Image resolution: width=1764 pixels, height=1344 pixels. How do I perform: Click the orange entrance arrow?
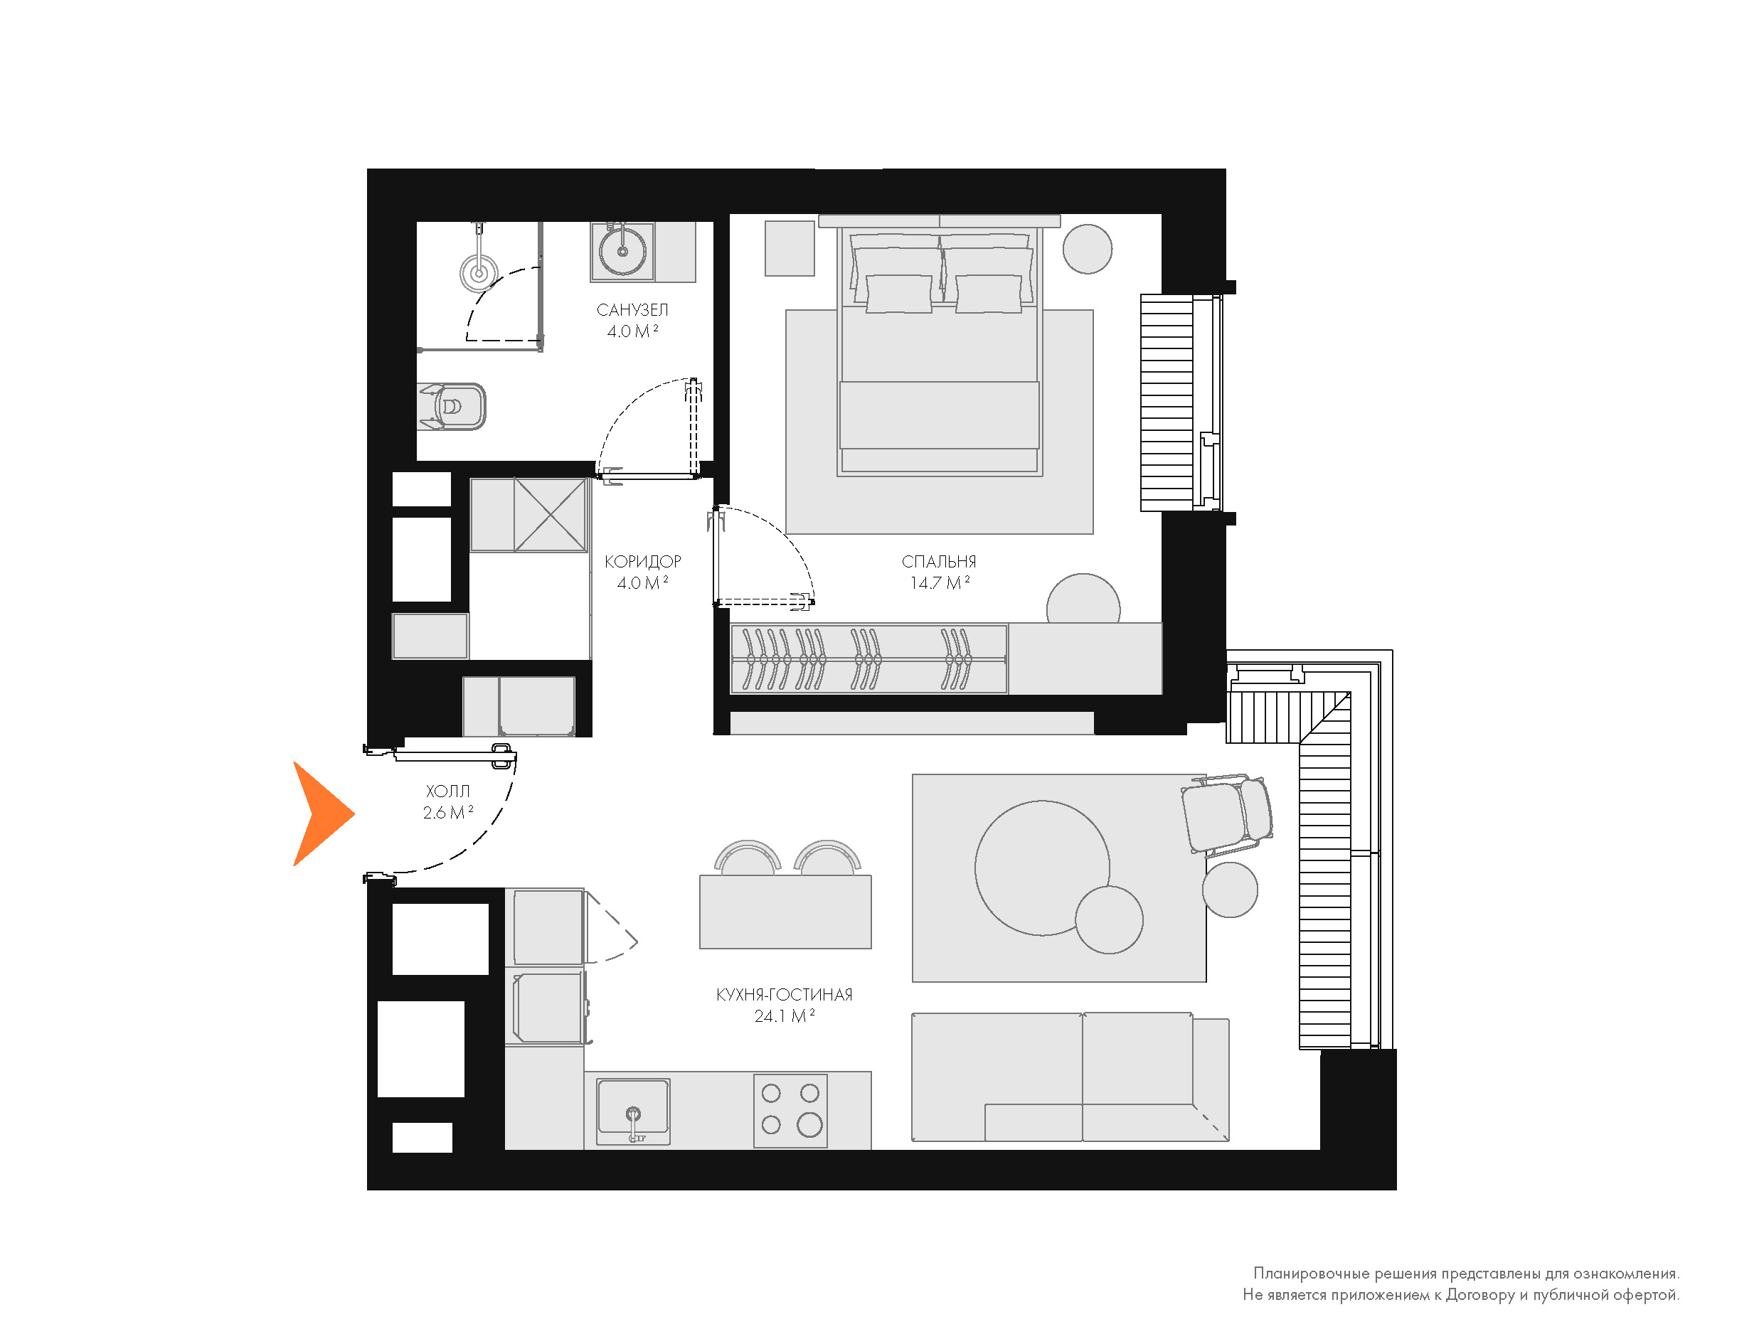click(x=320, y=814)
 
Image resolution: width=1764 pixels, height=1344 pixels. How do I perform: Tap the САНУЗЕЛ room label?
click(x=632, y=309)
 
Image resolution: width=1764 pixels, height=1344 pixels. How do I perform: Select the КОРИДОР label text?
click(x=642, y=562)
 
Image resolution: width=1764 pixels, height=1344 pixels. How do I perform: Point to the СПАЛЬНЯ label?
click(x=938, y=562)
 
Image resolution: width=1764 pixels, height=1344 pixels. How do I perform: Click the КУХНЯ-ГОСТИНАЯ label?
click(x=784, y=994)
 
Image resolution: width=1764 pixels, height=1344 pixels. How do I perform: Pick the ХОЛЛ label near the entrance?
click(x=447, y=791)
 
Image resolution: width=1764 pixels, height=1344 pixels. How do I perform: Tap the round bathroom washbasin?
click(x=622, y=250)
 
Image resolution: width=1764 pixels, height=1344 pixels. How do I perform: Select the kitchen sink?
click(x=634, y=1109)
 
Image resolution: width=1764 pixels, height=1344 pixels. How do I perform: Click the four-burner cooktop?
click(x=790, y=1111)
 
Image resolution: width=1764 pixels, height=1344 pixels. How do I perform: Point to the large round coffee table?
click(x=1041, y=868)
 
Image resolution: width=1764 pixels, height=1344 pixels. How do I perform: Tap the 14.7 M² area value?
click(x=939, y=583)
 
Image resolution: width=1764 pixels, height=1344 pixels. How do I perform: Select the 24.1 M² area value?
click(x=784, y=1016)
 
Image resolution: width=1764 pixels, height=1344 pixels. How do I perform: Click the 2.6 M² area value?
click(x=448, y=813)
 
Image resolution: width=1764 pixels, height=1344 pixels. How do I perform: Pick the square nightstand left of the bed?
click(x=790, y=248)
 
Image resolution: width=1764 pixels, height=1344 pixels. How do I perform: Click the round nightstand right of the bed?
click(x=1087, y=249)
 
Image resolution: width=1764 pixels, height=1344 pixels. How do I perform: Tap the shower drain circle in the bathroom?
click(x=479, y=273)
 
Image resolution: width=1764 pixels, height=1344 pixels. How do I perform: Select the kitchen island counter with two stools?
click(x=785, y=912)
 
